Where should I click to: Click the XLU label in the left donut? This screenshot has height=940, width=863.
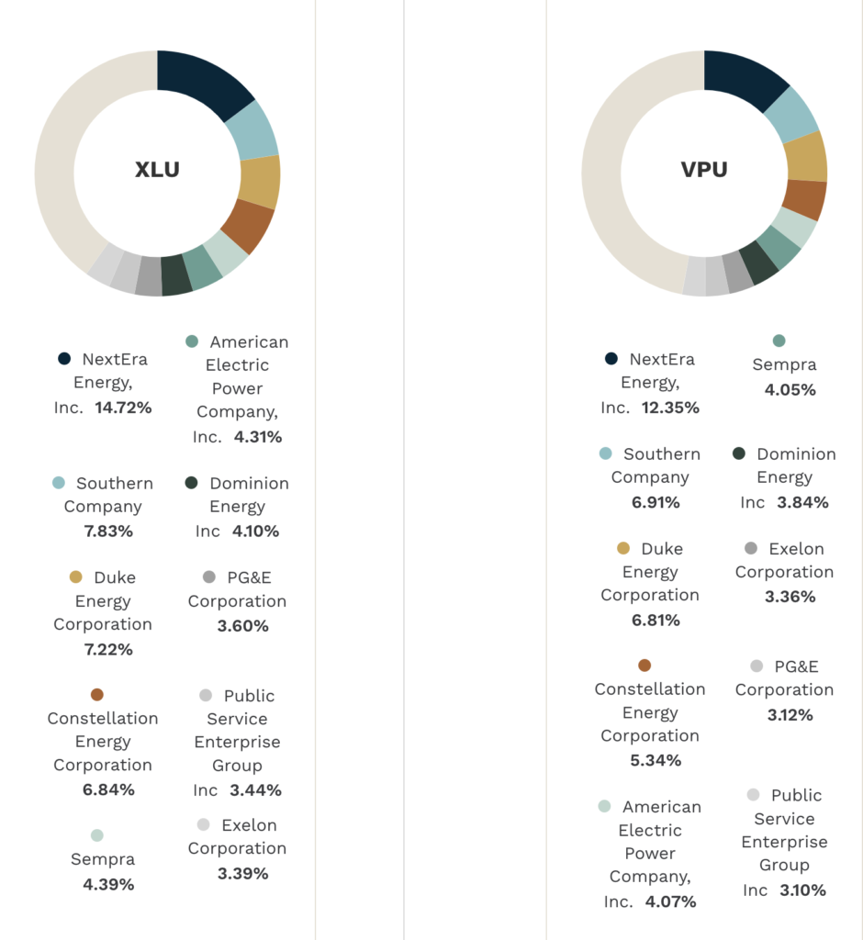pyautogui.click(x=157, y=170)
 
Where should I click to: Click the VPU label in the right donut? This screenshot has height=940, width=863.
pyautogui.click(x=704, y=170)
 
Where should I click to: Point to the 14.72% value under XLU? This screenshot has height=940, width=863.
pyautogui.click(x=123, y=407)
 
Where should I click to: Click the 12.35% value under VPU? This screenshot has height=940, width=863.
pyautogui.click(x=670, y=407)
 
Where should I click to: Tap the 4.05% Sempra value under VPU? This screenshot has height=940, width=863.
pyautogui.click(x=790, y=389)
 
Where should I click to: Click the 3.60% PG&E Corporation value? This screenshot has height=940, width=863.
pyautogui.click(x=242, y=626)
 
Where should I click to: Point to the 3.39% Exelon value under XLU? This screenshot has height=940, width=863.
pyautogui.click(x=242, y=873)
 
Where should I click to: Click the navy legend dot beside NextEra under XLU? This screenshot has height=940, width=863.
pyautogui.click(x=64, y=359)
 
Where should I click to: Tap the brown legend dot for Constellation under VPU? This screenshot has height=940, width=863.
pyautogui.click(x=644, y=666)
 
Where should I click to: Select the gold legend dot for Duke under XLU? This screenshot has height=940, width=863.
pyautogui.click(x=75, y=577)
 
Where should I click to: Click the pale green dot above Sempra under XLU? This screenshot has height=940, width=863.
pyautogui.click(x=96, y=835)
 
